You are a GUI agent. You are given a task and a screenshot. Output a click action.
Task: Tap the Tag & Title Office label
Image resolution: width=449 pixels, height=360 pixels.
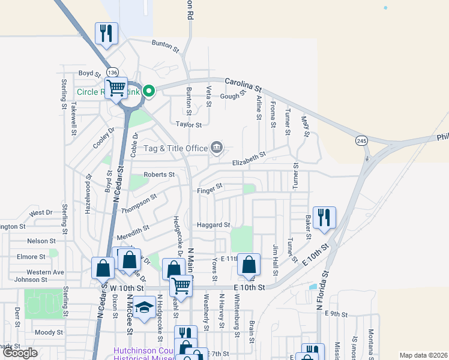[166, 148]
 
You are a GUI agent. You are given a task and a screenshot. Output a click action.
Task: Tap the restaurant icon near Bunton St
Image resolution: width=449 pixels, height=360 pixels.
[107, 34]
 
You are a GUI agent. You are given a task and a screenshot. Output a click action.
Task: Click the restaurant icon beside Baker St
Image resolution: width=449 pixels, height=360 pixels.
[324, 218]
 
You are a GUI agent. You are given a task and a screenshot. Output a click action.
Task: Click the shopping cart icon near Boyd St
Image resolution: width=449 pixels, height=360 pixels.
[116, 88]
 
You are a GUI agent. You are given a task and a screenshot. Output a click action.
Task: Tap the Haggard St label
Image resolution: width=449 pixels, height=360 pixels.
[214, 225]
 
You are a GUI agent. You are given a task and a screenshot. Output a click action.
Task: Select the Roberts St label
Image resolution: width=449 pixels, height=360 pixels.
[159, 175]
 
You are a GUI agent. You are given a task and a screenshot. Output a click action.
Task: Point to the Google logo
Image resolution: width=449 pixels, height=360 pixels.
[20, 353]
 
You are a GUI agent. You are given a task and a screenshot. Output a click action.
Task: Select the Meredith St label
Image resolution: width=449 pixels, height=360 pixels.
[133, 233]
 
